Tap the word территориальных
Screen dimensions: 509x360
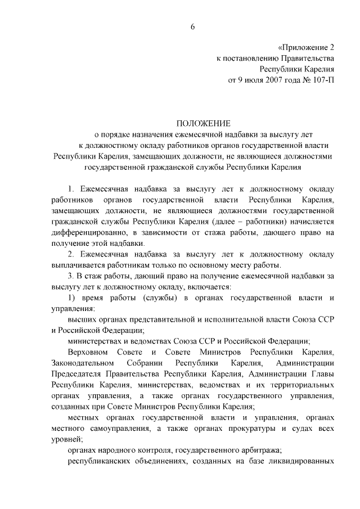(x=299, y=385)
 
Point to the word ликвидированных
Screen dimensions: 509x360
(x=297, y=462)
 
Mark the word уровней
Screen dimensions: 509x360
(x=67, y=440)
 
